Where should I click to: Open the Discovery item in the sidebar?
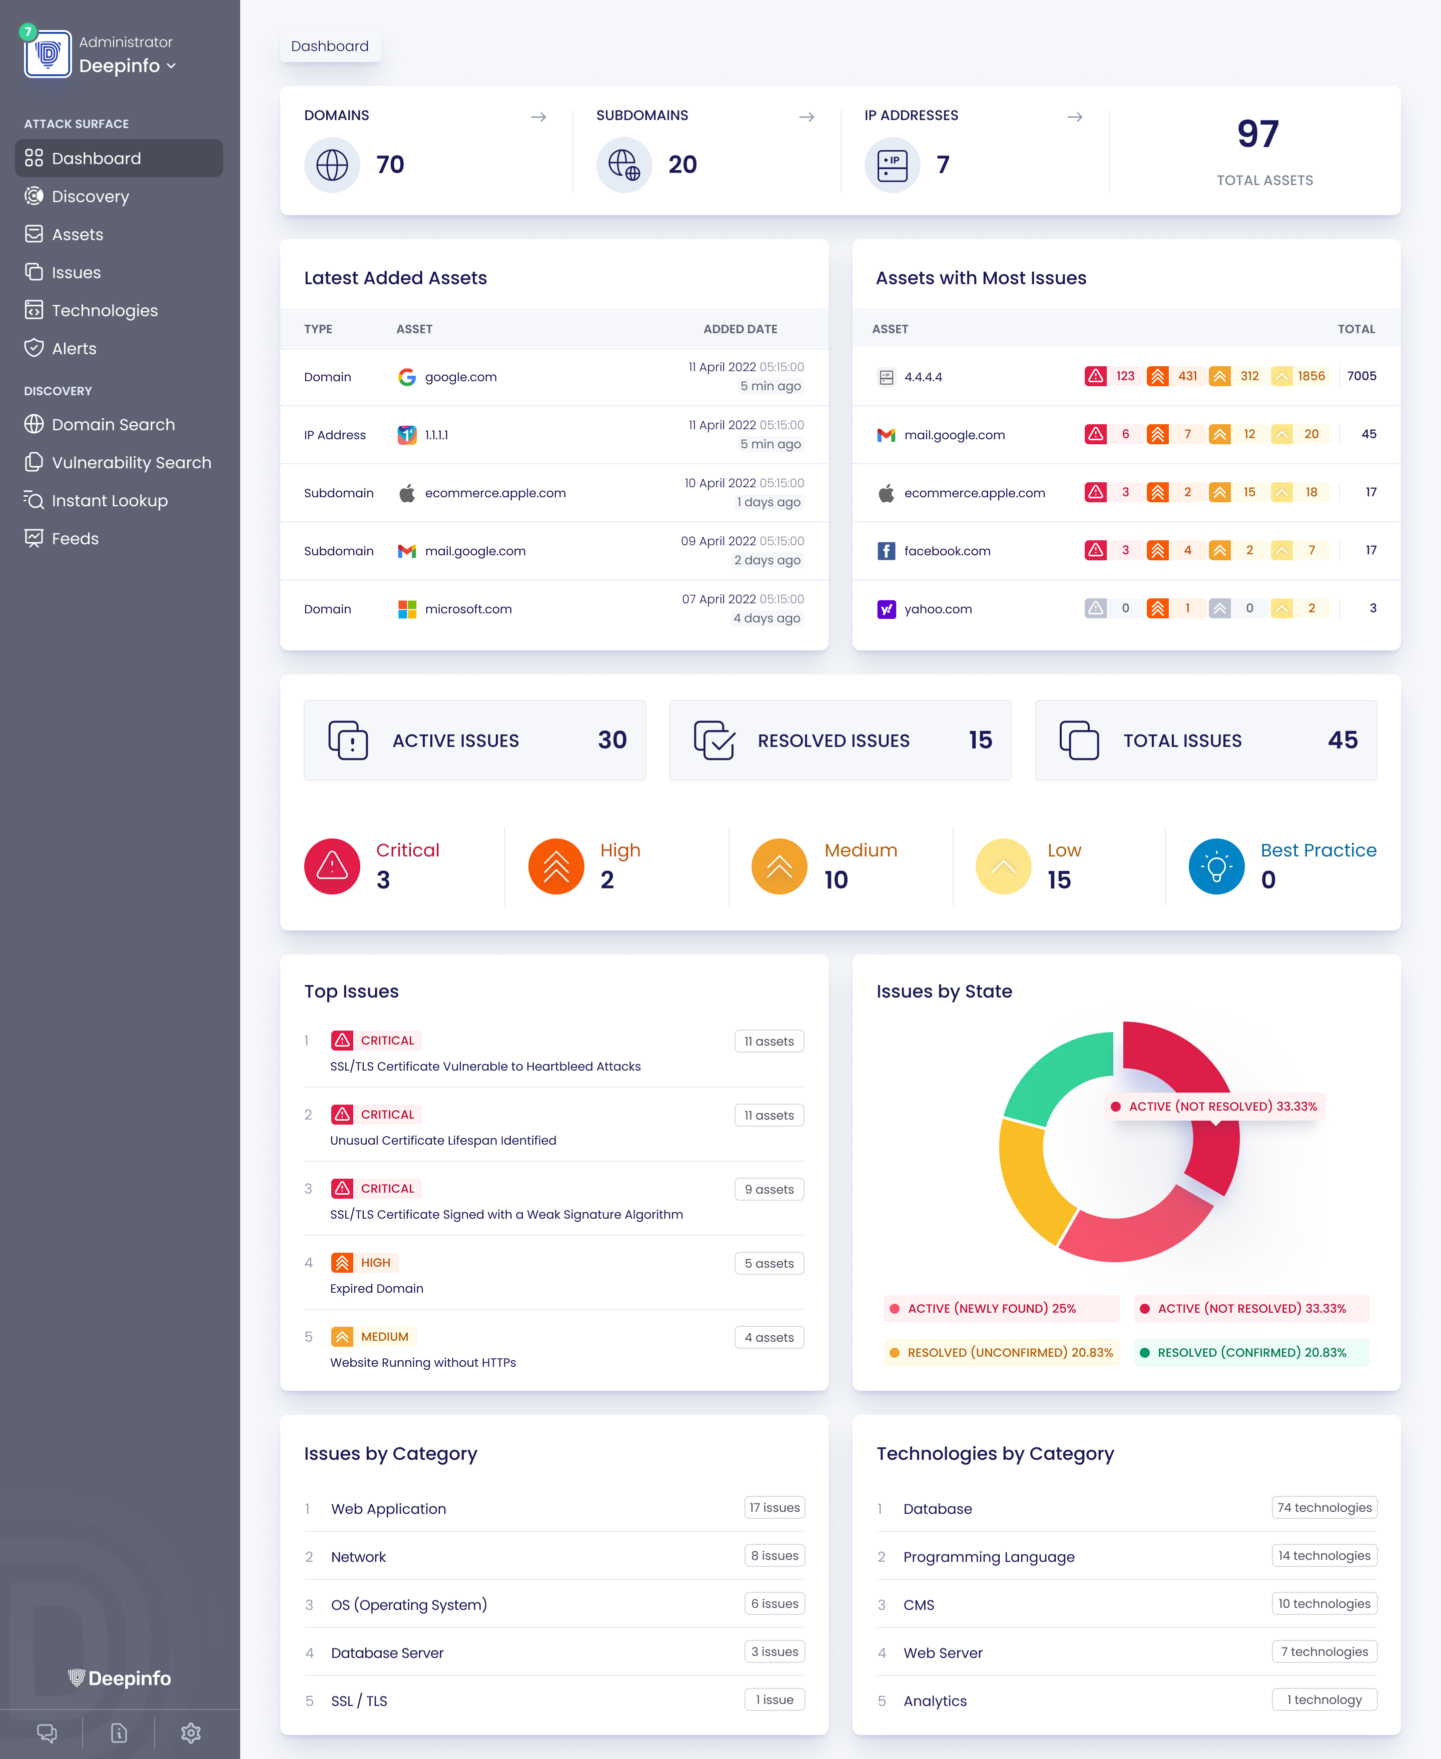pos(90,197)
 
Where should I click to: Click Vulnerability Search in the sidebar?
pos(131,462)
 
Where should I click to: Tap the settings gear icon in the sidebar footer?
pos(191,1732)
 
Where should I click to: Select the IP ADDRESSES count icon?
pos(892,165)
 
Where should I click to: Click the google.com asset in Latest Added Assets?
pos(461,377)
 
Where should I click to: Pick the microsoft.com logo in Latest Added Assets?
pos(407,609)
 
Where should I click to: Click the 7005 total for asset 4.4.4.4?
pos(1361,376)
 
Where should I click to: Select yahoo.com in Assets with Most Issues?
pos(938,609)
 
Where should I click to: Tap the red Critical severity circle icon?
pos(332,866)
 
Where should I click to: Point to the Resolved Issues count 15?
pos(980,739)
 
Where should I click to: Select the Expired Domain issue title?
pos(377,1288)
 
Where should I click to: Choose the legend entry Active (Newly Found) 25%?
pos(991,1308)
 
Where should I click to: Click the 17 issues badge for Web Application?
pos(775,1507)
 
